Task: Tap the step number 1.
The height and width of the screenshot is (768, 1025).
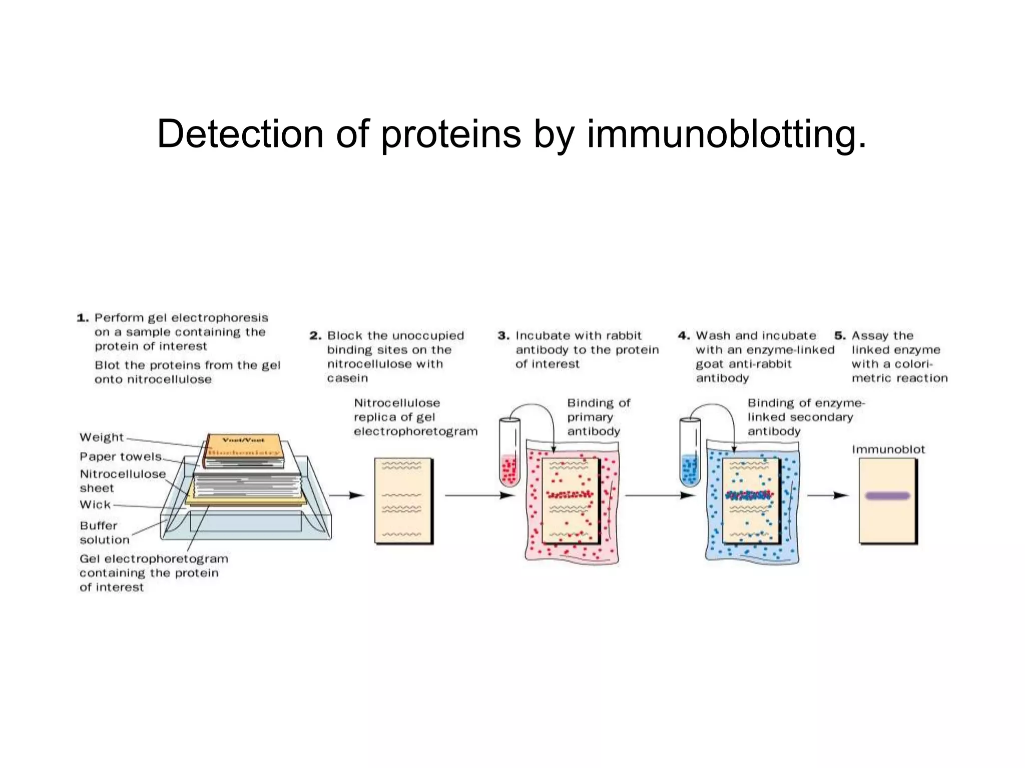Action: (83, 318)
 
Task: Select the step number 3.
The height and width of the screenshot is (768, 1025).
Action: (503, 336)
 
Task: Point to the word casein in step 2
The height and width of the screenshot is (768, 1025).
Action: (347, 378)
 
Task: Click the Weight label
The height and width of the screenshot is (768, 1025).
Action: (102, 437)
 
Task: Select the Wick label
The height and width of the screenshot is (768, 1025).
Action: (95, 504)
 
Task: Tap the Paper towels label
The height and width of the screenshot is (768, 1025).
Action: (121, 456)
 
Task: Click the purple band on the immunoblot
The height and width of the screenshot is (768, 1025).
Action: (887, 495)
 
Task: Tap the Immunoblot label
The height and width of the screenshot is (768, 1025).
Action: (888, 449)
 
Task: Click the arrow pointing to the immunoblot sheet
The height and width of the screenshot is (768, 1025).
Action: (828, 495)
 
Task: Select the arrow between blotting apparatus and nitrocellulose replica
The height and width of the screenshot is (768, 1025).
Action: (346, 495)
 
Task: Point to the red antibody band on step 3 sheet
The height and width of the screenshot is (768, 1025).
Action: (570, 495)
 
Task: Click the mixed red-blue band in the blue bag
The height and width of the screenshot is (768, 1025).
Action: (749, 495)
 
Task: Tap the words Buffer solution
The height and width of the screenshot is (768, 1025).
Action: (104, 532)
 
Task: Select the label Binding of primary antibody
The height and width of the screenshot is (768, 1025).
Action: (598, 417)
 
